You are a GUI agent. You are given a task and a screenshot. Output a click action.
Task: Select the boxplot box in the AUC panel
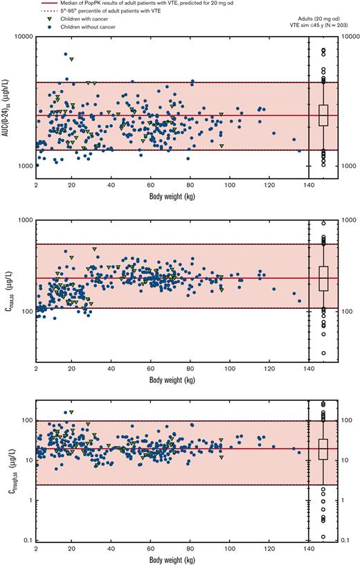pos(323,115)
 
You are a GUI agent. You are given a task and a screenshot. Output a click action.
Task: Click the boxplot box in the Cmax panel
pos(323,278)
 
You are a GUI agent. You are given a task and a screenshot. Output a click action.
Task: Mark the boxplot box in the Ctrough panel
pos(323,449)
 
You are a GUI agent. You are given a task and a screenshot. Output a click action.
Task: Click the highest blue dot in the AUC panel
pos(66,54)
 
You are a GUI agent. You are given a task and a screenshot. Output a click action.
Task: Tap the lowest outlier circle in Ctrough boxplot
pos(323,537)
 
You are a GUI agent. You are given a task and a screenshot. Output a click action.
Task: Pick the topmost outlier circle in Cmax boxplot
pos(323,224)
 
